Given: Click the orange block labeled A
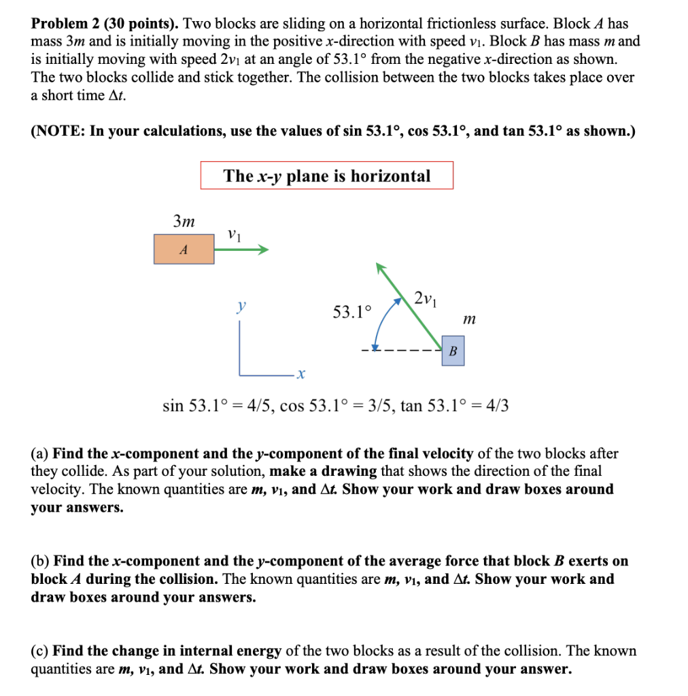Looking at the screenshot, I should (184, 249).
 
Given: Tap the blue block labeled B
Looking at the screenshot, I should (453, 351).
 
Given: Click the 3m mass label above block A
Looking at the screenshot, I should (184, 222).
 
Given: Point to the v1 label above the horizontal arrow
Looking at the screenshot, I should (235, 234).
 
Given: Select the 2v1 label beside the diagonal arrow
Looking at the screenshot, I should (426, 298).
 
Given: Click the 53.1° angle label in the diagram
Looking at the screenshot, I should (353, 312).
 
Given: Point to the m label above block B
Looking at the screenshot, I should (469, 318).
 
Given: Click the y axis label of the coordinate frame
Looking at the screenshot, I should (240, 308).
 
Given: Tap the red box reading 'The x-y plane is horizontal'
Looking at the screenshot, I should (326, 175).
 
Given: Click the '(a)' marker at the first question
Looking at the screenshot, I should (40, 453).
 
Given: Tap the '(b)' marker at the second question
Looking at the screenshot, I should (40, 561).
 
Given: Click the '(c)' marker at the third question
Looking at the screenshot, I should (40, 651).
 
